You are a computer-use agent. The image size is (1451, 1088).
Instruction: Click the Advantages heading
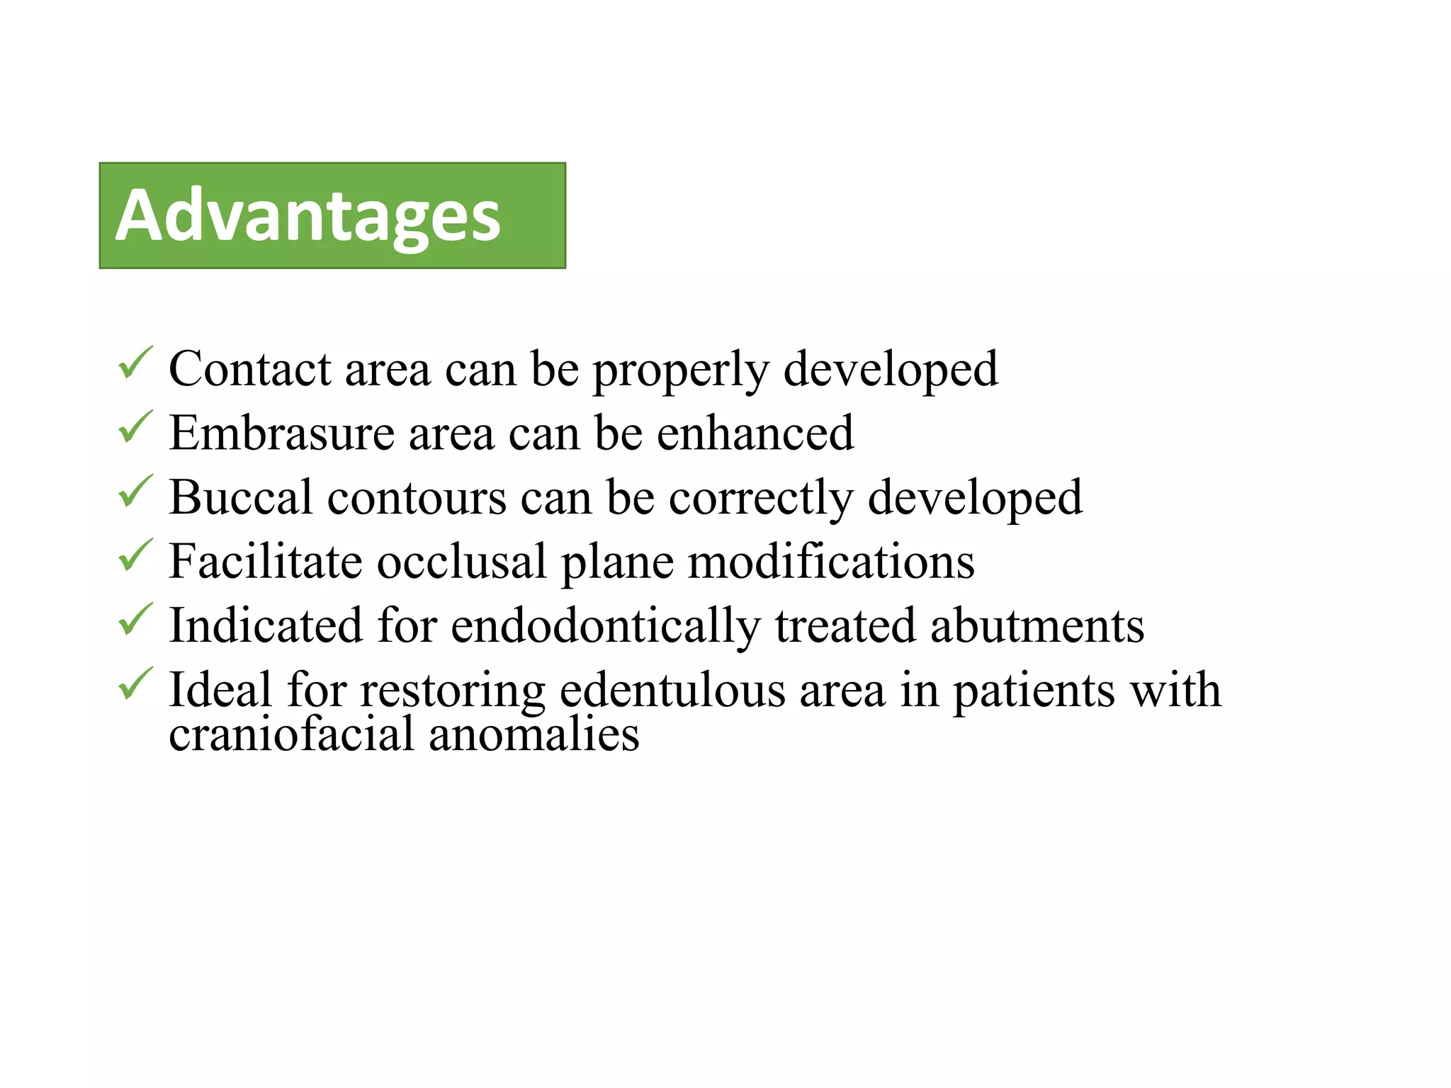pyautogui.click(x=308, y=216)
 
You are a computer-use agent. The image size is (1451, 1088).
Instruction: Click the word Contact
pyautogui.click(x=250, y=369)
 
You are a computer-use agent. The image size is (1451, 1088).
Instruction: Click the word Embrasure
pyautogui.click(x=281, y=433)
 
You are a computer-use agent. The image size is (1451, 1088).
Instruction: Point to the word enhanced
pyautogui.click(x=755, y=433)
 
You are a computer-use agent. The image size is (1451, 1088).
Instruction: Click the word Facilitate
pyautogui.click(x=266, y=562)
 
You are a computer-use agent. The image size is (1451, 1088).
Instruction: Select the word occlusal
pyautogui.click(x=461, y=562)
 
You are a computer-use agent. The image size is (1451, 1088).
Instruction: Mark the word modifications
pyautogui.click(x=831, y=562)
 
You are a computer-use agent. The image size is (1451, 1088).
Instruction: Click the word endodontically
pyautogui.click(x=606, y=627)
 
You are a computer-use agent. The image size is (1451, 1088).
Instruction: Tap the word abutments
pyautogui.click(x=1037, y=626)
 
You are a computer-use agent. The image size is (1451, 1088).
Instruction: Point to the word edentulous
pyautogui.click(x=672, y=690)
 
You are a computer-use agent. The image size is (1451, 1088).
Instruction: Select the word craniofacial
pyautogui.click(x=291, y=734)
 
